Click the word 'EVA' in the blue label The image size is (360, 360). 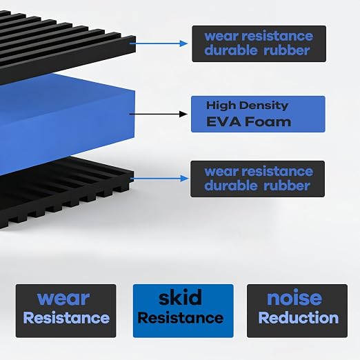tap(224, 121)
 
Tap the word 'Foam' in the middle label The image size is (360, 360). tap(268, 121)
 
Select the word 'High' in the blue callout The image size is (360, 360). tap(221, 106)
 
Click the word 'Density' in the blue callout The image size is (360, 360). tap(263, 106)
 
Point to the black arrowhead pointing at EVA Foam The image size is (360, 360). tap(183, 114)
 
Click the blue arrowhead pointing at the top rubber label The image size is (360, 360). tap(183, 43)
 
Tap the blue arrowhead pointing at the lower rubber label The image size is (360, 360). tap(184, 179)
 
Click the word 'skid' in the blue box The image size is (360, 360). tap(180, 297)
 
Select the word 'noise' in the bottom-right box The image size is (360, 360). tap(294, 298)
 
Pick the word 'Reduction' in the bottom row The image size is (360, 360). tap(299, 318)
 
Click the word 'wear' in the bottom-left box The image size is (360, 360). tap(63, 299)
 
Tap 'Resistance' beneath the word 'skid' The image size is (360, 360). tap(181, 318)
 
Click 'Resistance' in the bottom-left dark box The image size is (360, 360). tap(66, 318)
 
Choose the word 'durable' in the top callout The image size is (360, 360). tap(230, 50)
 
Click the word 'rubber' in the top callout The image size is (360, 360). tap(286, 50)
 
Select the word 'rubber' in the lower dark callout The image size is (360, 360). tap(286, 186)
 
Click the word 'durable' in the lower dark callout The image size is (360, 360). tap(230, 186)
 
